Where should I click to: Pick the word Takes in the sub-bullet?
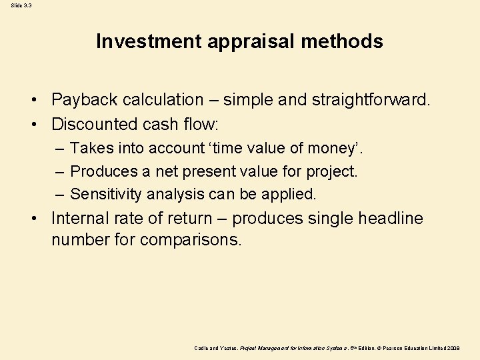(x=89, y=147)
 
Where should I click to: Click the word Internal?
(x=79, y=219)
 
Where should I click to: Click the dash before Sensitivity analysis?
(x=60, y=195)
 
